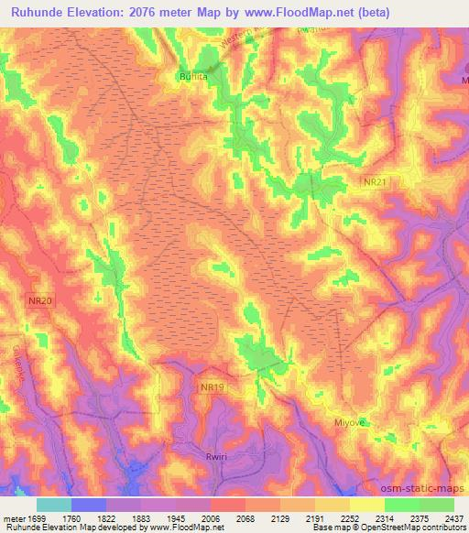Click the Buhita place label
194,79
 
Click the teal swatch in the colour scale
54,504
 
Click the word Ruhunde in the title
42,12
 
